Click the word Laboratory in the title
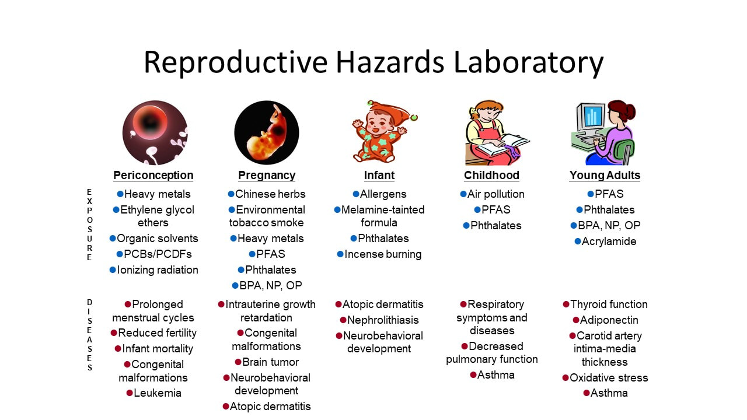(x=529, y=62)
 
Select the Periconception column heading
(x=153, y=176)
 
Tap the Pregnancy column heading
(x=267, y=176)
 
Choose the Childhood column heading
(x=491, y=176)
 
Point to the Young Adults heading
(x=605, y=176)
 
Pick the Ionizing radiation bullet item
(x=153, y=270)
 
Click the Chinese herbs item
(x=267, y=194)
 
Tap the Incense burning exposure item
(x=379, y=254)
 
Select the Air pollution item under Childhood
(x=492, y=194)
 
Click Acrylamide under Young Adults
(x=605, y=242)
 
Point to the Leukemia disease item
(x=153, y=393)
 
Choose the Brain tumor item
(x=267, y=362)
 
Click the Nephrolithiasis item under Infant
(x=379, y=320)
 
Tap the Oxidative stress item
(x=605, y=377)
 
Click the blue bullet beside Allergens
(x=356, y=194)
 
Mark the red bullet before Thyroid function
(x=566, y=304)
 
